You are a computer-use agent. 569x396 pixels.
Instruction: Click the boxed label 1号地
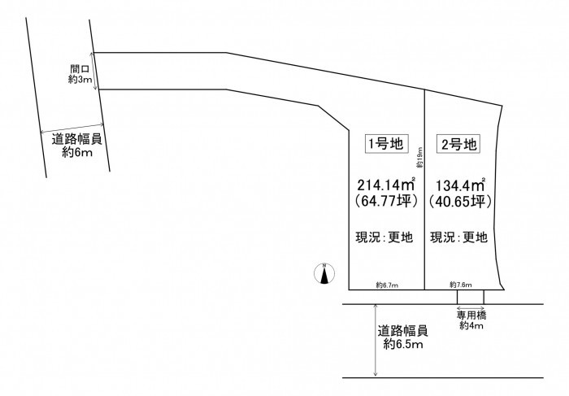(385, 144)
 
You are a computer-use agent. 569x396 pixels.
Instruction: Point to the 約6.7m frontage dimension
(386, 285)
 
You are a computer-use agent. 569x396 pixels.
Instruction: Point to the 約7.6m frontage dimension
(460, 285)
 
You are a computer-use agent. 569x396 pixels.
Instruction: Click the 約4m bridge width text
(471, 326)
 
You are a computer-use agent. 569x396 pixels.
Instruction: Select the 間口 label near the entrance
(80, 70)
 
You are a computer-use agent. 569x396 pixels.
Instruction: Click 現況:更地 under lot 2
(459, 238)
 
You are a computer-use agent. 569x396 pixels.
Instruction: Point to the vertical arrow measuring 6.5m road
(375, 340)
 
